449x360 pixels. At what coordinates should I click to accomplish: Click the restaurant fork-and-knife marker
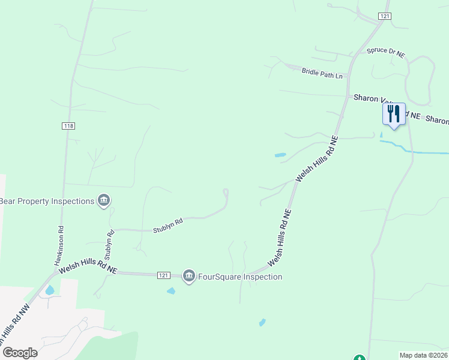pyautogui.click(x=394, y=113)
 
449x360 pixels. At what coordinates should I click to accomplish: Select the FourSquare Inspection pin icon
pyautogui.click(x=189, y=276)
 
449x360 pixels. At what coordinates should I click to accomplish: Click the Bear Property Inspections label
pyautogui.click(x=47, y=201)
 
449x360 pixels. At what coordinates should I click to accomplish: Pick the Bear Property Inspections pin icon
pyautogui.click(x=104, y=200)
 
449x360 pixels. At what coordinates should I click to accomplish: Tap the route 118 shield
pyautogui.click(x=68, y=126)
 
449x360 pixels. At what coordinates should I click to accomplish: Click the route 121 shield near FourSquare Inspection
pyautogui.click(x=163, y=275)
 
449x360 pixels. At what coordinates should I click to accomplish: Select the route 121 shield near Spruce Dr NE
pyautogui.click(x=385, y=16)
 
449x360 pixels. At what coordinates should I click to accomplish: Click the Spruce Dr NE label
pyautogui.click(x=387, y=53)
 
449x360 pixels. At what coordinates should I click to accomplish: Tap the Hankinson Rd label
pyautogui.click(x=60, y=245)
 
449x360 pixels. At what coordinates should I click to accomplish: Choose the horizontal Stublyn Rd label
pyautogui.click(x=167, y=226)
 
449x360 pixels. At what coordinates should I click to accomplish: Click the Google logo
pyautogui.click(x=19, y=353)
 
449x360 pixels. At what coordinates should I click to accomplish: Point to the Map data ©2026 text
pyautogui.click(x=424, y=355)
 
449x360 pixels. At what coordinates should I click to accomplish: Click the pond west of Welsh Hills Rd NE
pyautogui.click(x=280, y=155)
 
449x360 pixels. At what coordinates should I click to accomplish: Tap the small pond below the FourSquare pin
pyautogui.click(x=171, y=291)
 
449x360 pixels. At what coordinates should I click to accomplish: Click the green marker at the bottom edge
pyautogui.click(x=359, y=358)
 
